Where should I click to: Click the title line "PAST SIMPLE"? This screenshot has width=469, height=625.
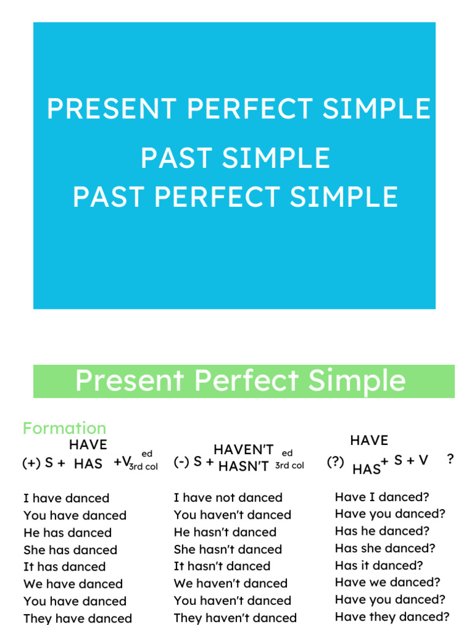(235, 158)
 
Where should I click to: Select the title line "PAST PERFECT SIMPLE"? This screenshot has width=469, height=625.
(235, 197)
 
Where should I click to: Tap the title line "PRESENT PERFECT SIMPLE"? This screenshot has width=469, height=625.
(238, 109)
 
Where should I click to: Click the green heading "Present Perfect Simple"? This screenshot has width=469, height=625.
(240, 380)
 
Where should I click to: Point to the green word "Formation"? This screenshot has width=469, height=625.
(64, 428)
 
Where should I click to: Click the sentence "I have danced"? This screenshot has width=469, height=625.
(66, 498)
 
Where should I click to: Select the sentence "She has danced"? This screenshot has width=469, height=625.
(70, 549)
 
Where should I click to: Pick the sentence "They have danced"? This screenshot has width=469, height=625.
(78, 618)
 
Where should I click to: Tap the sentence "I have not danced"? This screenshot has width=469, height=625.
(228, 497)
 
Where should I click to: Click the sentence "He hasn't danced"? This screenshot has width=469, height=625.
(225, 532)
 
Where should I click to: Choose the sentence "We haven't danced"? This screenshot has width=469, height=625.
(230, 583)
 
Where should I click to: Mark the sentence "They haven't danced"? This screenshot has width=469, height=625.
(235, 618)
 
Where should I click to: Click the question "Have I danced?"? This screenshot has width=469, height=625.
(382, 497)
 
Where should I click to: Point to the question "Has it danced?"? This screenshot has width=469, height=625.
(379, 565)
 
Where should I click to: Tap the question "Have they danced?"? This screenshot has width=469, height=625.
(392, 616)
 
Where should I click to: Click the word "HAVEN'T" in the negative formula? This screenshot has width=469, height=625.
(244, 450)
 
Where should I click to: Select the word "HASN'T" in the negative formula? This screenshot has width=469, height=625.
(244, 467)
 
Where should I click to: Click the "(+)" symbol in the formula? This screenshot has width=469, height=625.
(31, 463)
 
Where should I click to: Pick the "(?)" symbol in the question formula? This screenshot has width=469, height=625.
(335, 462)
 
